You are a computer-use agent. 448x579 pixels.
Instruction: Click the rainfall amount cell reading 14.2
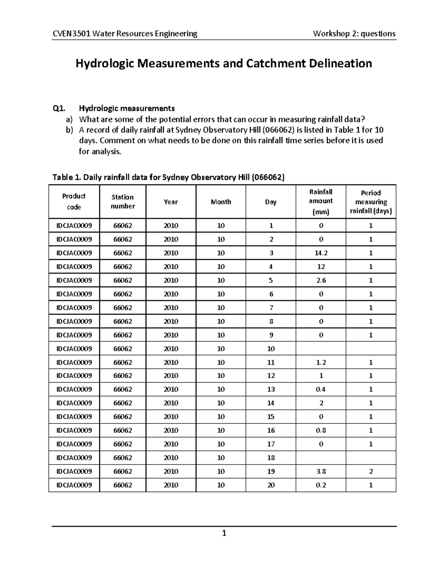(321, 253)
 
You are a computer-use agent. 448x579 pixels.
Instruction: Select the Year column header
(171, 202)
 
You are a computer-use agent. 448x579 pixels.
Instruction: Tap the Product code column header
(74, 201)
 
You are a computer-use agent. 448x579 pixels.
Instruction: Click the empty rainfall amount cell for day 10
(321, 349)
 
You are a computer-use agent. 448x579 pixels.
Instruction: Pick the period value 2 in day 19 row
(371, 471)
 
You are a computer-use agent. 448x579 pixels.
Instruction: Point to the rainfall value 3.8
(321, 471)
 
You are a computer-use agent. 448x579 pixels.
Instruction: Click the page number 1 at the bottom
(224, 534)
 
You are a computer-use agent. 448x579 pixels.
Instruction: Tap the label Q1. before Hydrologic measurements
(59, 108)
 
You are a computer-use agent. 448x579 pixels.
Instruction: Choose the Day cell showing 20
(271, 485)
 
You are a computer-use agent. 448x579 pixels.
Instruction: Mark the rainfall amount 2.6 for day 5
(321, 280)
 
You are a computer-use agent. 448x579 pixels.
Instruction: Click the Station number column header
(122, 201)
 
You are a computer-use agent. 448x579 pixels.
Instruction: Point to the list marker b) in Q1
(69, 130)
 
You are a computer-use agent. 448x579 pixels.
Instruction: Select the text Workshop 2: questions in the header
(354, 34)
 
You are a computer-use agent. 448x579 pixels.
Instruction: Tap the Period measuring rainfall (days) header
(371, 202)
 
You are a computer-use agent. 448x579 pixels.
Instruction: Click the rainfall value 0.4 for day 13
(321, 389)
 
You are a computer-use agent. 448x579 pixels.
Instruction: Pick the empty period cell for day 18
(371, 457)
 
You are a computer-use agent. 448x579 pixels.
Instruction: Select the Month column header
(221, 202)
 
